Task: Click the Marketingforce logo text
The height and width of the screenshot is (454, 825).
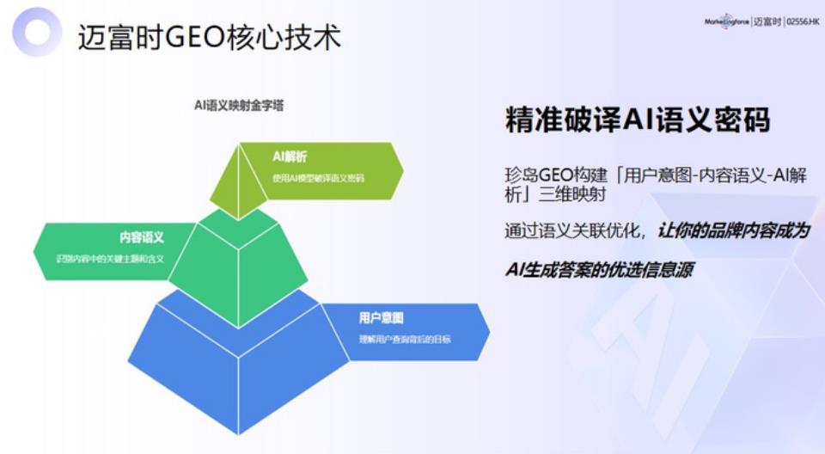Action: click(x=726, y=20)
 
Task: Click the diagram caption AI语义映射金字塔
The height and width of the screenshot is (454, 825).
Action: click(x=239, y=106)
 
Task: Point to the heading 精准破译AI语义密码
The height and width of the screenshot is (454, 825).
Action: click(x=637, y=121)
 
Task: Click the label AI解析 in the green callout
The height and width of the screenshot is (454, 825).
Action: click(x=290, y=156)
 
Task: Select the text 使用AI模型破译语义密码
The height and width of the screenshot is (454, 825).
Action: click(x=318, y=179)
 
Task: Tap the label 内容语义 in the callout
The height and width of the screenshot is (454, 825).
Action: click(x=141, y=236)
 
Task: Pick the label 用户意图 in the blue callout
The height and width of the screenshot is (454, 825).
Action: click(x=381, y=318)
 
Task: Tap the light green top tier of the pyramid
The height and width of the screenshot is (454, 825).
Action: click(x=236, y=185)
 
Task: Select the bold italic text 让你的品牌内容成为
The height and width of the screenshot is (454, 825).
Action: click(x=735, y=231)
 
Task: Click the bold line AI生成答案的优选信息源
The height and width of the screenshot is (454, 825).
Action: click(x=599, y=270)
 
